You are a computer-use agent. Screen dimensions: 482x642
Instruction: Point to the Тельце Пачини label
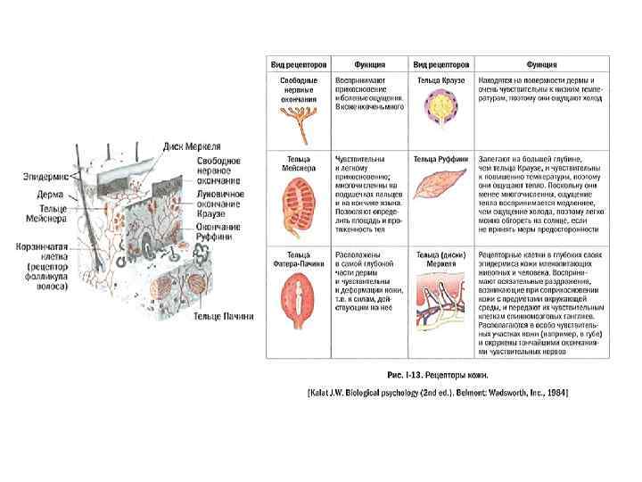pyautogui.click(x=223, y=316)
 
